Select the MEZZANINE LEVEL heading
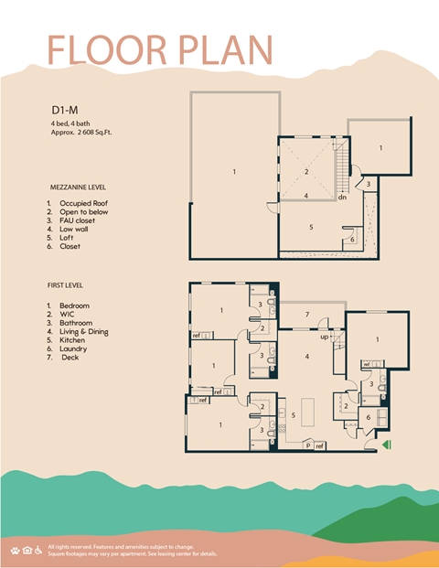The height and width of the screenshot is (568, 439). pos(84,187)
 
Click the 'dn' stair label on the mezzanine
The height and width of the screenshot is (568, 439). pos(342,197)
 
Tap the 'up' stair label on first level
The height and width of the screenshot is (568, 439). pos(324,338)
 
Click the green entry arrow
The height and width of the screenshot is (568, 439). pos(387,445)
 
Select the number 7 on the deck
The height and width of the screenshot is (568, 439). pos(307,316)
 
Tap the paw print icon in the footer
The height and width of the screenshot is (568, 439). pos(16,550)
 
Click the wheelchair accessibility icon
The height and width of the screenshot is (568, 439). pos(38,550)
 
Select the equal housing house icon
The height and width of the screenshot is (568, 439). pos(27,550)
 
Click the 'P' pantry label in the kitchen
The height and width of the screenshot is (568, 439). pos(308,445)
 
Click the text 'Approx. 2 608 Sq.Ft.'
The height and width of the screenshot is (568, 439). pos(88,133)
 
